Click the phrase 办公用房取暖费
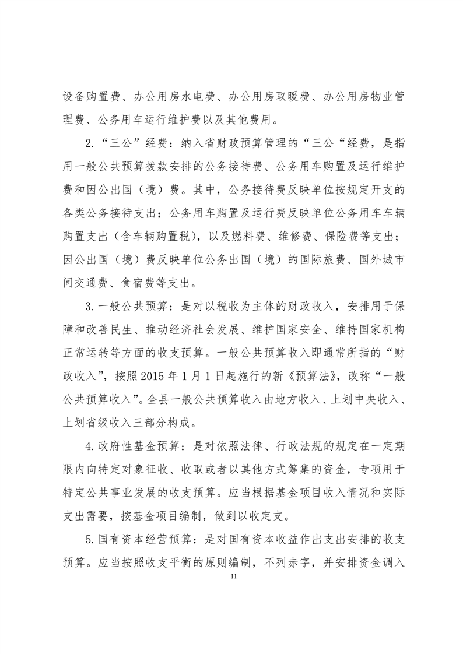tap(267, 97)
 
